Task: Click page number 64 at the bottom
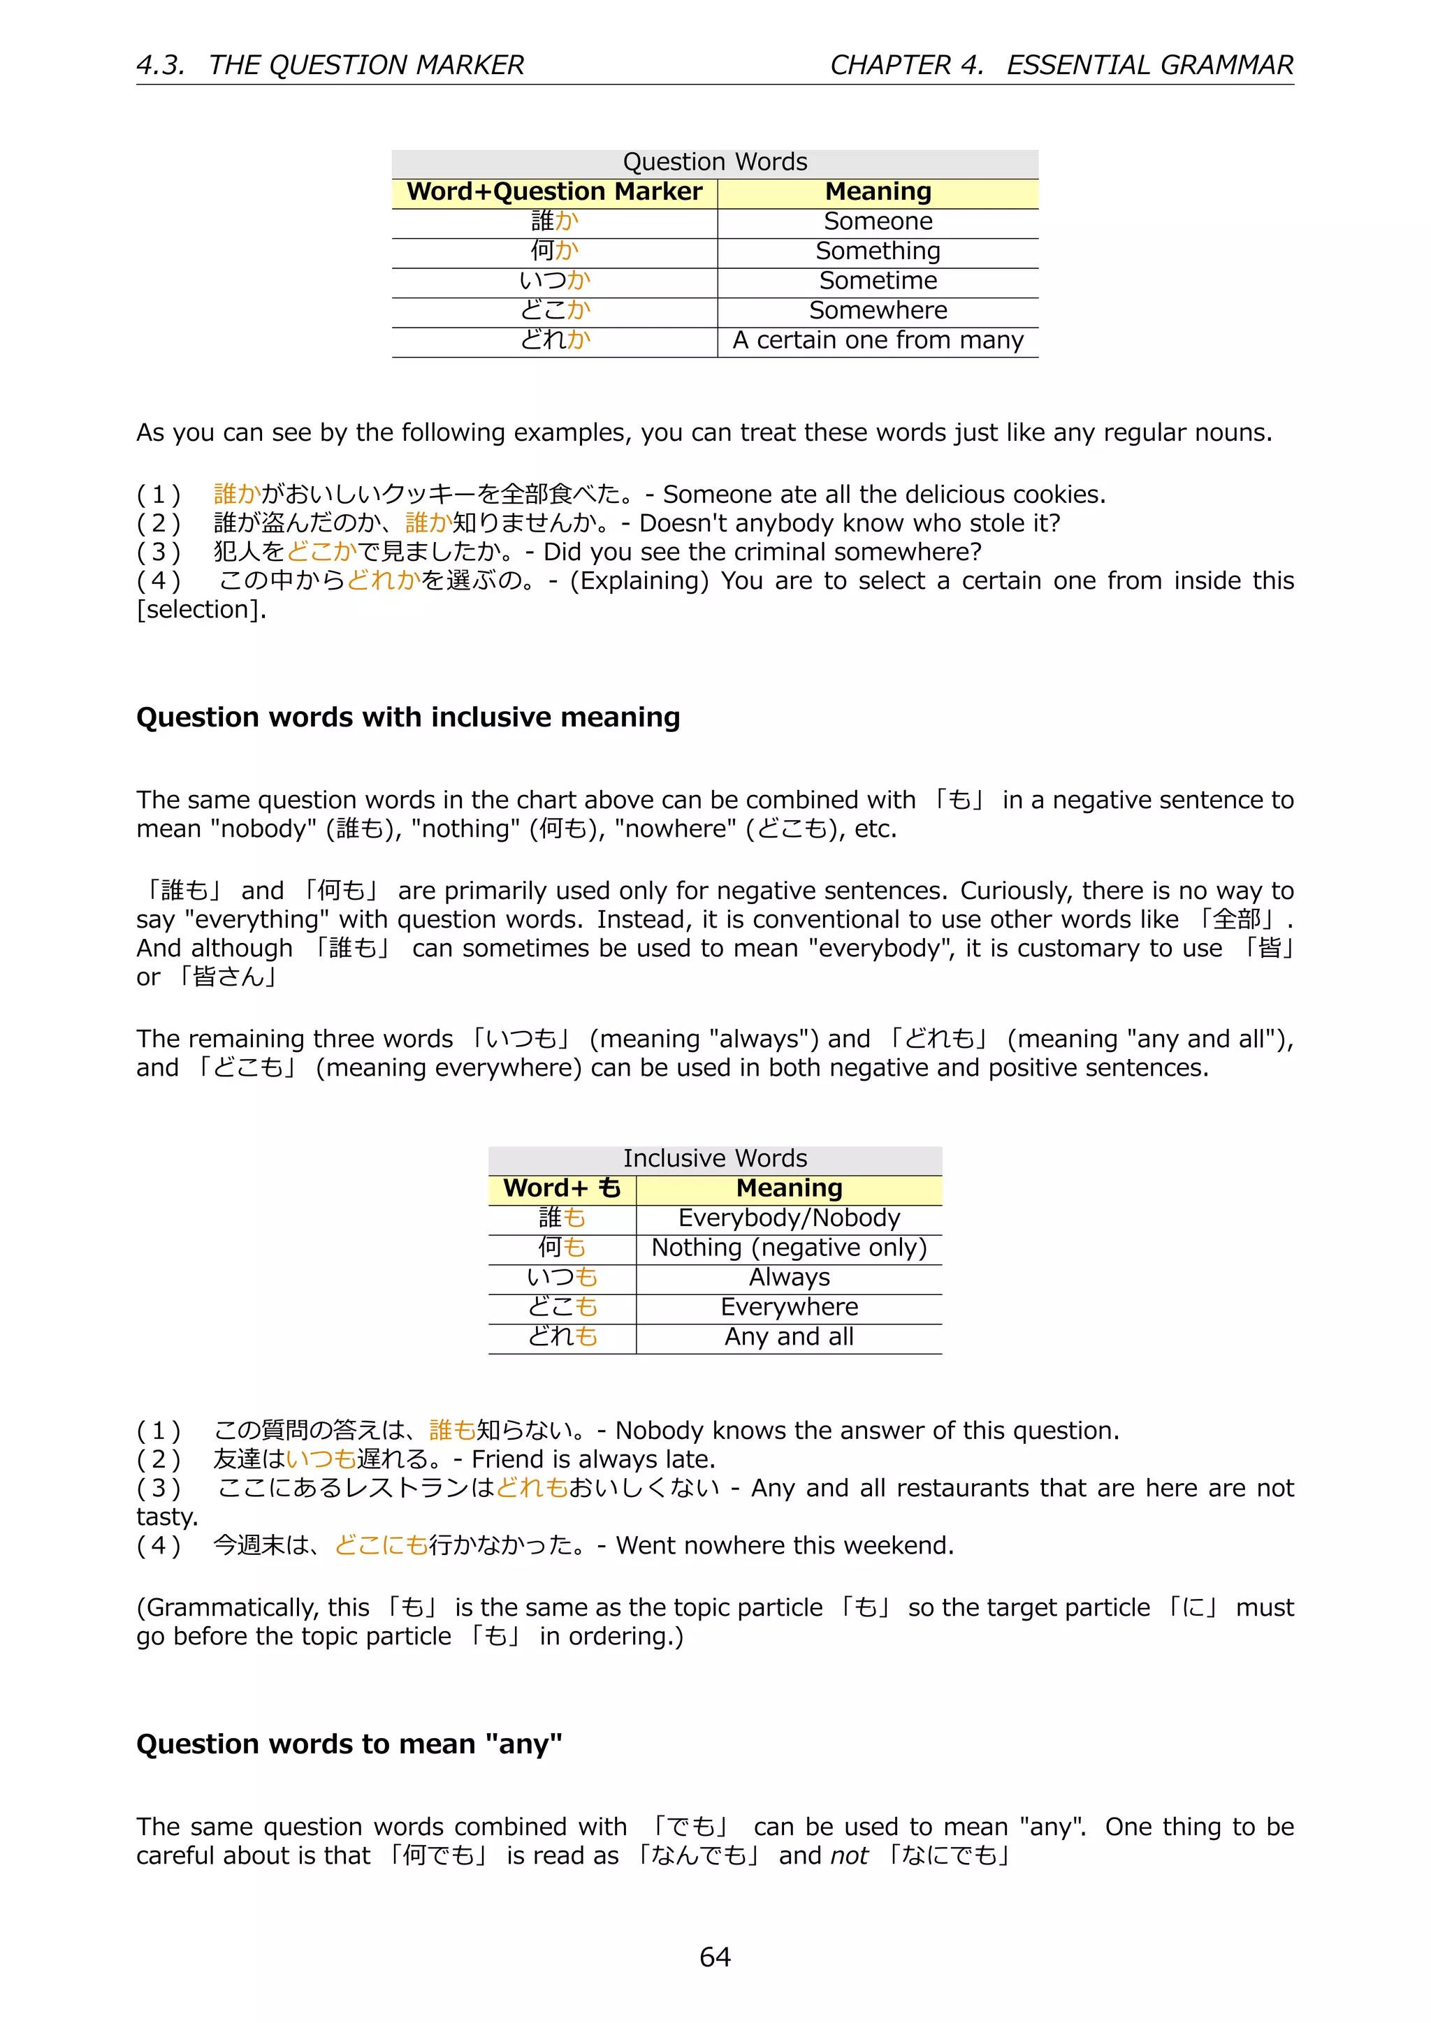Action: click(715, 1957)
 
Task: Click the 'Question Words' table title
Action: click(715, 162)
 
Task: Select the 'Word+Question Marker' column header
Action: click(554, 192)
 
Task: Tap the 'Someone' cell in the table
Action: click(878, 221)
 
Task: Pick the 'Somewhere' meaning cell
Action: click(878, 310)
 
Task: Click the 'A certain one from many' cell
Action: click(878, 340)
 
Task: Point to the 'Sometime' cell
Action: click(878, 280)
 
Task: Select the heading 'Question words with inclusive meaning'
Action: click(408, 717)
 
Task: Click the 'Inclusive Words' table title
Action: click(715, 1159)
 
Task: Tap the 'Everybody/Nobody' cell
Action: click(789, 1218)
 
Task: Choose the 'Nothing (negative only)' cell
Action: click(789, 1248)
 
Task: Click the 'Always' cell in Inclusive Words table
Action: click(789, 1277)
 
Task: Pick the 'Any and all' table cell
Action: click(789, 1336)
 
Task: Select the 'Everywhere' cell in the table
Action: click(789, 1307)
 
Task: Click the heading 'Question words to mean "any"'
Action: click(349, 1744)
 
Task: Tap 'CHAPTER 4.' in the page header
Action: click(906, 65)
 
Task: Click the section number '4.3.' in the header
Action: click(161, 65)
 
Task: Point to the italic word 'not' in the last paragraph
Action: click(848, 1855)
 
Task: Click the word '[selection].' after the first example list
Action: click(201, 610)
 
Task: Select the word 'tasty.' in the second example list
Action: click(168, 1517)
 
